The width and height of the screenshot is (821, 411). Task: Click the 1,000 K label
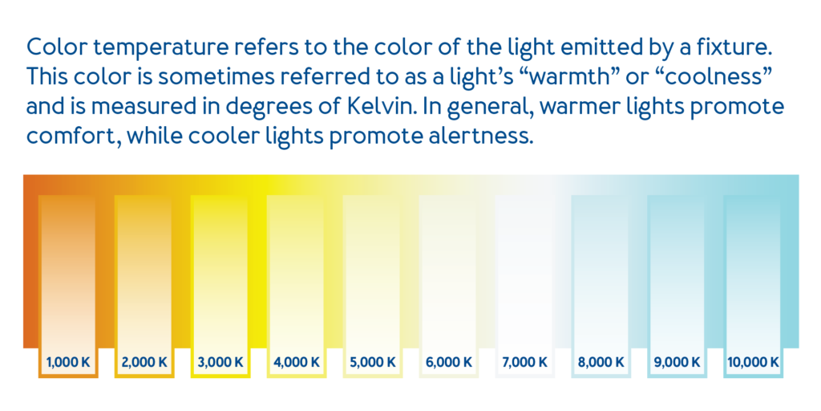pos(68,362)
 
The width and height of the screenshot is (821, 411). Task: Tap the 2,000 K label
pos(144,362)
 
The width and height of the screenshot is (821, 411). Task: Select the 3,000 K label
pos(220,362)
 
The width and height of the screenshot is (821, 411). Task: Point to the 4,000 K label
pos(297,362)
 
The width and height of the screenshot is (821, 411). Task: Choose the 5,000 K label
pos(372,362)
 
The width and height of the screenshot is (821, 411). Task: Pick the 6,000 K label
pos(449,362)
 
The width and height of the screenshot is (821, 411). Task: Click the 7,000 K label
pos(524,362)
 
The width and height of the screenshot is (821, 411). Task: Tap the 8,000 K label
pos(601,362)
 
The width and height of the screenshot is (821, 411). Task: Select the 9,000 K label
pos(677,362)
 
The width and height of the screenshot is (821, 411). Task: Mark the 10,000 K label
pos(753,362)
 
